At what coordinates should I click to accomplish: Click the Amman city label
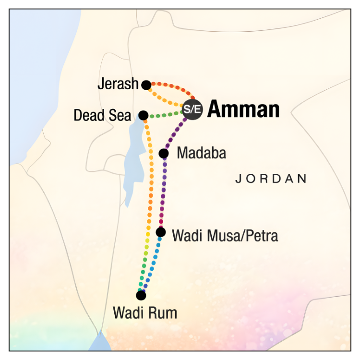(x=243, y=110)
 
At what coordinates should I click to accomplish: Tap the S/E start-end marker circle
(x=192, y=110)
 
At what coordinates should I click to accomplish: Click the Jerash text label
(x=118, y=84)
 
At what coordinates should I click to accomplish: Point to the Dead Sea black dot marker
(x=143, y=115)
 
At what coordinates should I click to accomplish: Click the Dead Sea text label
(x=102, y=116)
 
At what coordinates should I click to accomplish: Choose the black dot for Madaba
(x=164, y=154)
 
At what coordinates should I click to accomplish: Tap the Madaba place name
(x=201, y=154)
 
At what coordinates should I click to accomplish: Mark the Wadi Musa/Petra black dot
(x=161, y=232)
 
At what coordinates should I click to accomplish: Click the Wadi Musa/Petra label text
(x=225, y=236)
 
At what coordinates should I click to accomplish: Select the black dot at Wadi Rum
(x=141, y=295)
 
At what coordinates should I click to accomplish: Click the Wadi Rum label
(x=145, y=313)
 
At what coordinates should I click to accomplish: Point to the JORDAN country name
(x=271, y=179)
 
